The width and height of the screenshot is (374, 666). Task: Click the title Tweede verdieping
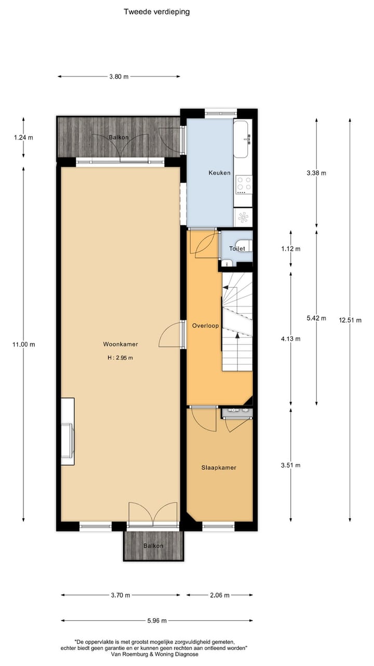coord(156,11)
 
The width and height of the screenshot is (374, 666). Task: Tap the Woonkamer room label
coord(120,344)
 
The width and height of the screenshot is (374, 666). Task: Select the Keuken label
coord(219,173)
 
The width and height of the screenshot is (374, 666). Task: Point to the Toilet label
coord(237,249)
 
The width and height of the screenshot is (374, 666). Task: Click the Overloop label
coord(205,326)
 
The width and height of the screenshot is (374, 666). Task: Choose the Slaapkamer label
coord(219,467)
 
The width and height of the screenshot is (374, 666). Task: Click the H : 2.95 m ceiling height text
coord(120,357)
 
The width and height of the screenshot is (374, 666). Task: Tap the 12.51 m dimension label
coord(350,320)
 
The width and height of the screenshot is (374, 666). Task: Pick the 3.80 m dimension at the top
coord(119,76)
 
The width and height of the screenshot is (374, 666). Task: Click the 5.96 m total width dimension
coord(157,620)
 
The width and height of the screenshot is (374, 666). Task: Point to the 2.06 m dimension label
coord(219,595)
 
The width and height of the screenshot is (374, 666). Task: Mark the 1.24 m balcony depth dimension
coord(23,138)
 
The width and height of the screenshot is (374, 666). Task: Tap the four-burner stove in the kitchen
coord(244,183)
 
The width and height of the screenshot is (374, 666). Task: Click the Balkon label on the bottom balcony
coord(154,546)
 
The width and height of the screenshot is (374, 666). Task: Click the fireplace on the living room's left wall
coord(68,432)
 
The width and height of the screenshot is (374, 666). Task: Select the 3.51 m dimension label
coord(290,465)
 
